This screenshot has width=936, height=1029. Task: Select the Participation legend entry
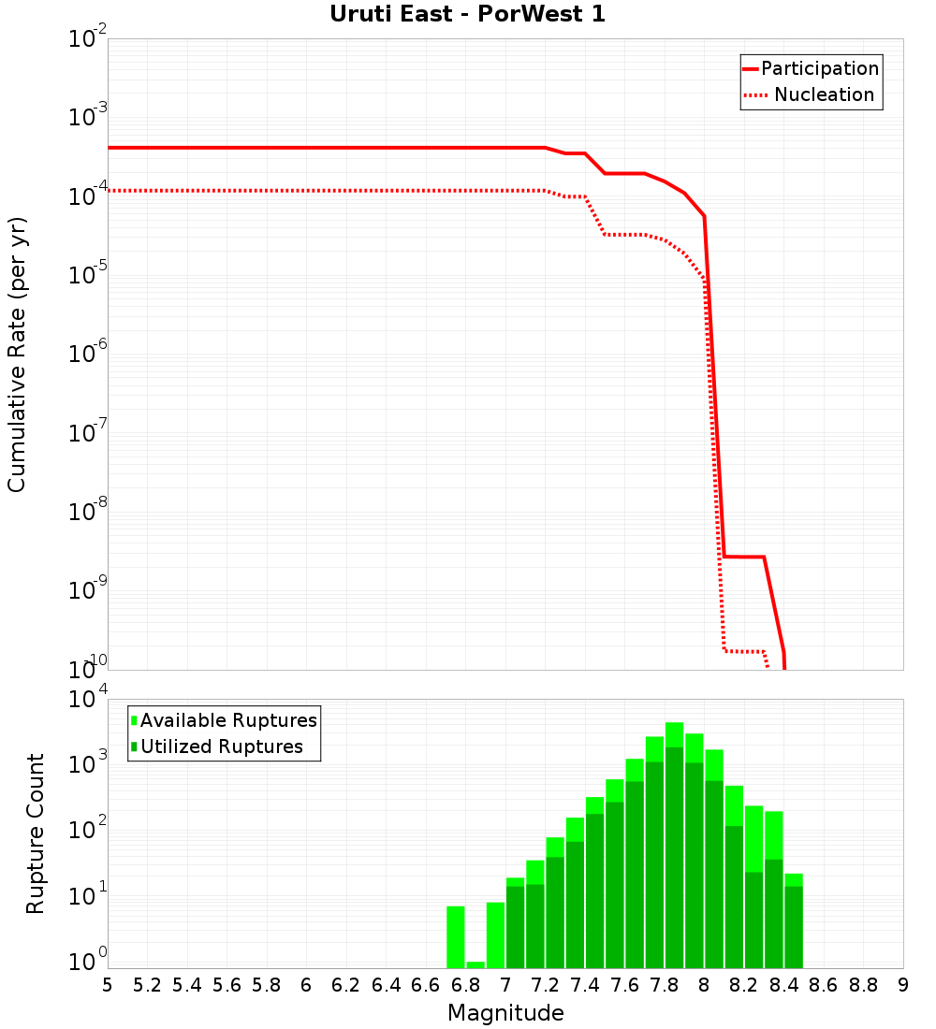pyautogui.click(x=811, y=68)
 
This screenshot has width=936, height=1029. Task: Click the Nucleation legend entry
pyautogui.click(x=811, y=94)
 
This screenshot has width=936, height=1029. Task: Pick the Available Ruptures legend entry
pyautogui.click(x=225, y=720)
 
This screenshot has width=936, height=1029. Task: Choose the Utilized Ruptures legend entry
pyautogui.click(x=217, y=746)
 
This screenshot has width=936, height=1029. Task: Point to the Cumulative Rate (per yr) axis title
pyautogui.click(x=17, y=355)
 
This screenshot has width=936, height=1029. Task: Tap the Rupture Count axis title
pyautogui.click(x=36, y=833)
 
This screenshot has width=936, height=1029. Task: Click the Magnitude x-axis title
pyautogui.click(x=505, y=1013)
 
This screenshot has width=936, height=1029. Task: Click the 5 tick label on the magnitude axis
pyautogui.click(x=108, y=985)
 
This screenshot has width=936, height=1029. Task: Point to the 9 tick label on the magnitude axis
pyautogui.click(x=903, y=985)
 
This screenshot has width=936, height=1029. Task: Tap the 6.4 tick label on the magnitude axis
pyautogui.click(x=386, y=985)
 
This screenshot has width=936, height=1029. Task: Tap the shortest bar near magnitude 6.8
pyautogui.click(x=475, y=964)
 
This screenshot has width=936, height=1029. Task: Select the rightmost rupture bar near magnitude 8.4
pyautogui.click(x=794, y=921)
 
